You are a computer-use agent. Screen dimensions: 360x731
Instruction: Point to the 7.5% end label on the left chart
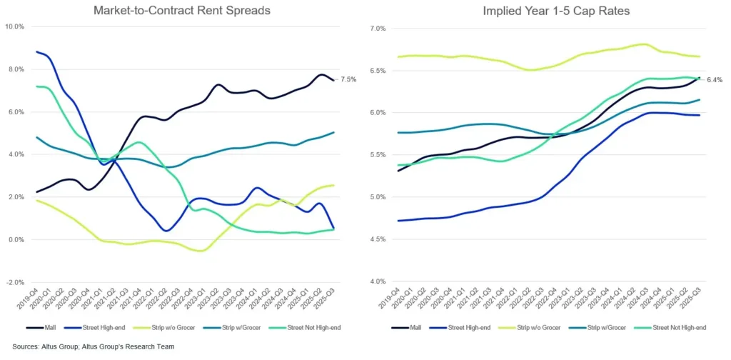348,80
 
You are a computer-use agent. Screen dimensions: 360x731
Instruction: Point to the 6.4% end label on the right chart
715,80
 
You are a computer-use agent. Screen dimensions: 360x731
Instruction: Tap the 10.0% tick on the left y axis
14,27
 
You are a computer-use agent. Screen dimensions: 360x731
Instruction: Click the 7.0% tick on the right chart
376,29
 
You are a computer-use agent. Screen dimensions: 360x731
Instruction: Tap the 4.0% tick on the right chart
376,281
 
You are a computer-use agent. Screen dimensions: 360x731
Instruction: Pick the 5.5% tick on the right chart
376,155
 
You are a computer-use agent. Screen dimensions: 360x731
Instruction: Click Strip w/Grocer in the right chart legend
600,327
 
